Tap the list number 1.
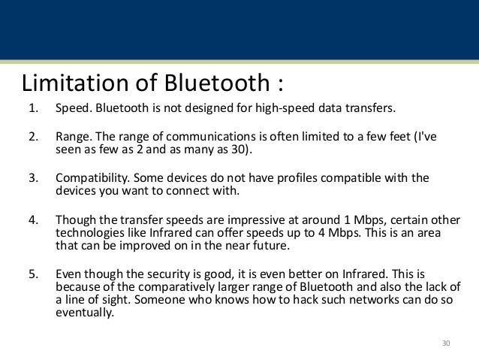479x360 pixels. click(x=32, y=108)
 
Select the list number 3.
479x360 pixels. click(x=32, y=179)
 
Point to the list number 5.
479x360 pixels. click(x=32, y=274)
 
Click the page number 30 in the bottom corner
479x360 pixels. click(x=446, y=343)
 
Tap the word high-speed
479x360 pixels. click(x=279, y=108)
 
